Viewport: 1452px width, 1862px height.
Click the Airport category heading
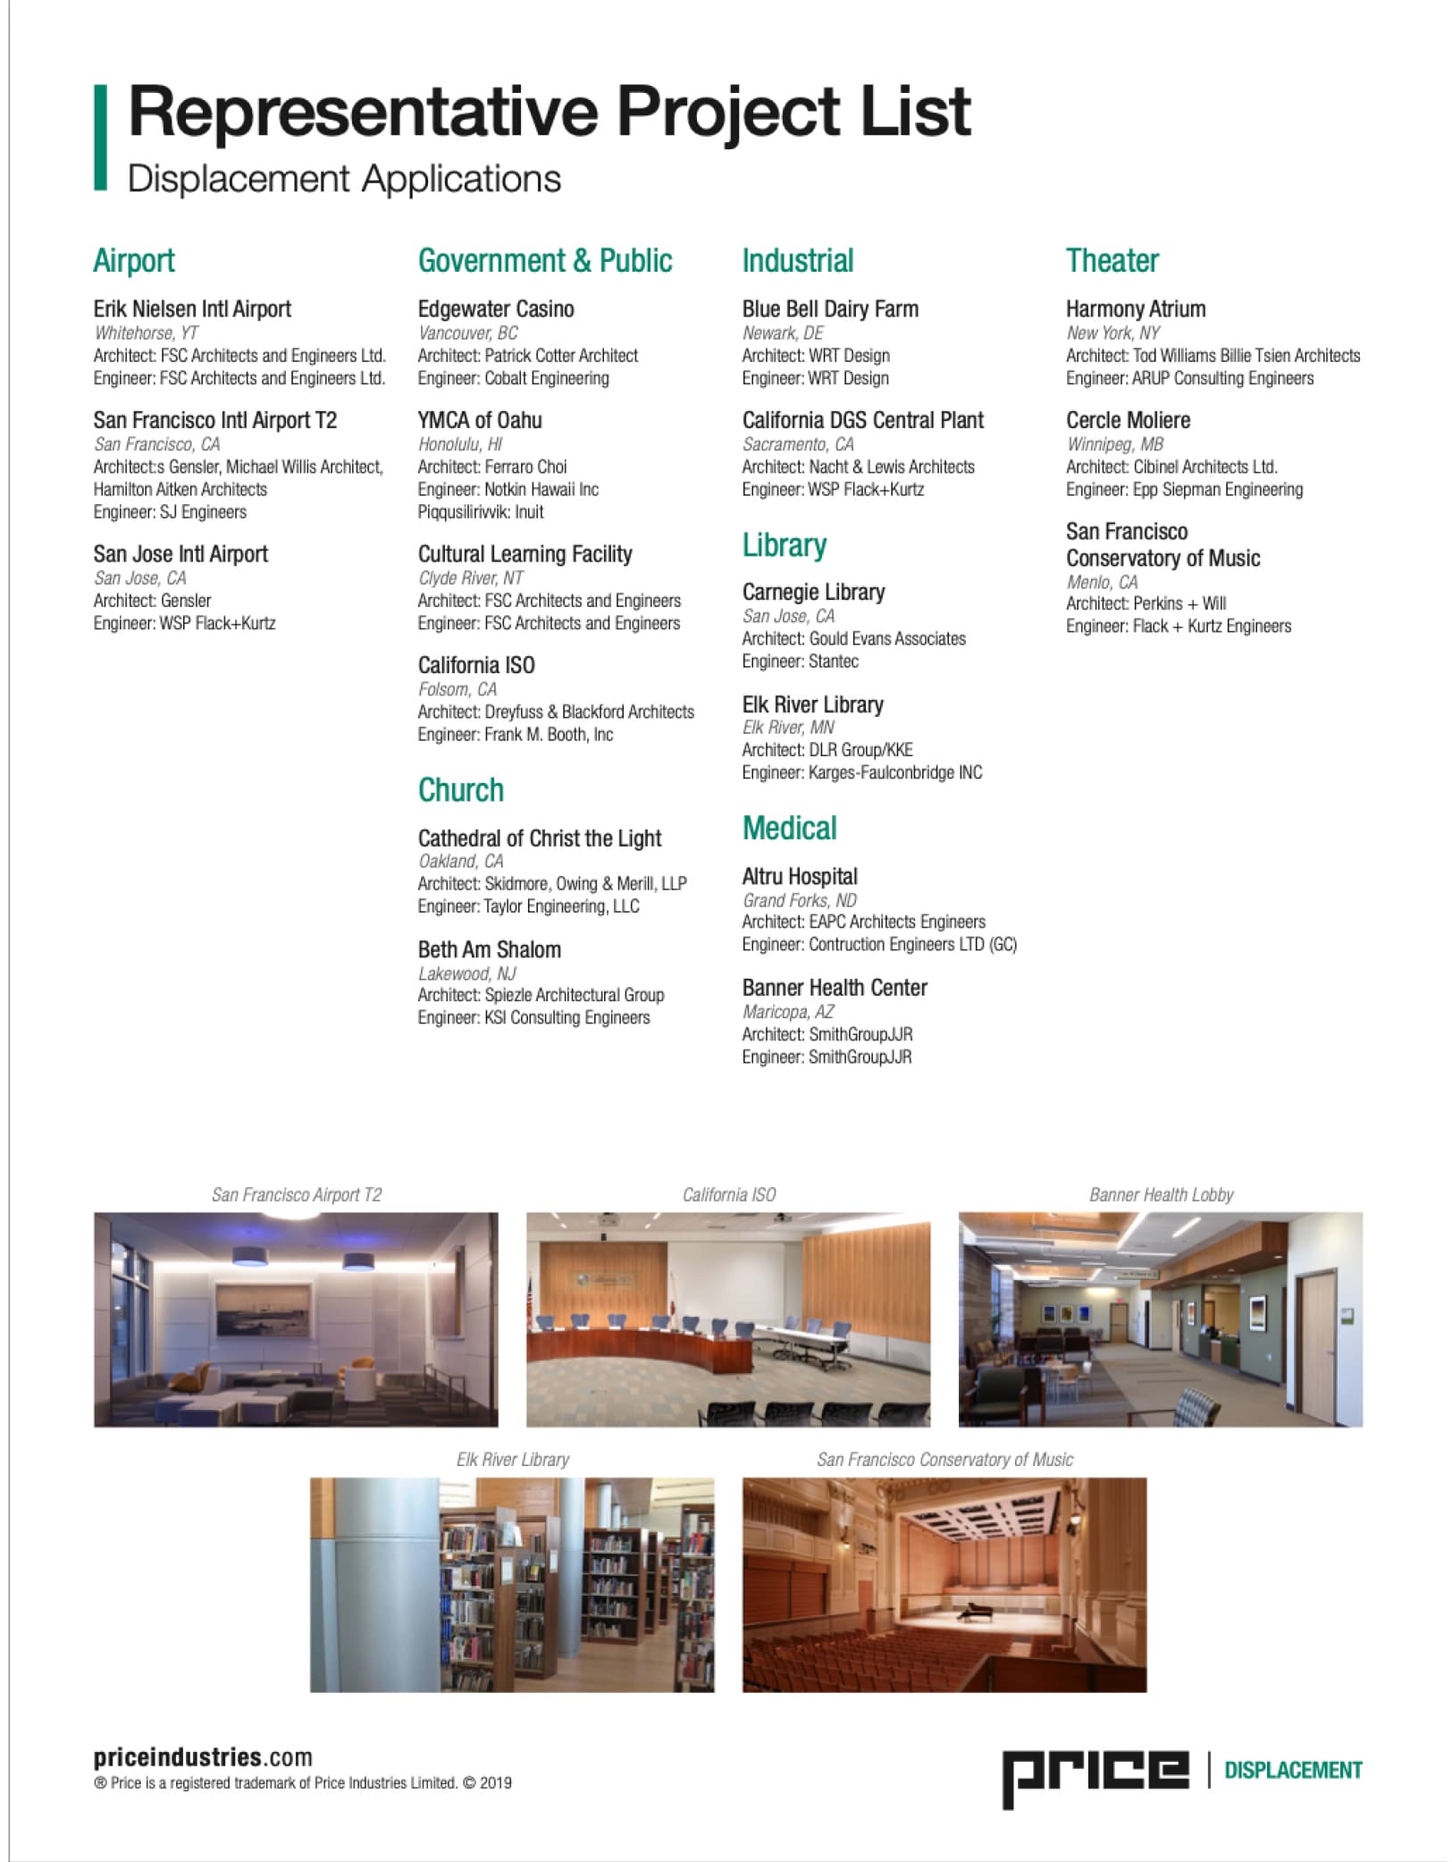click(x=134, y=261)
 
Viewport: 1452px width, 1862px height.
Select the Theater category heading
click(x=1112, y=261)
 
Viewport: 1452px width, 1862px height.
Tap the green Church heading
click(x=460, y=790)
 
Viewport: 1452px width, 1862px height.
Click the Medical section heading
click(x=789, y=829)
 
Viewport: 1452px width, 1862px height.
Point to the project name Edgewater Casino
click(x=496, y=309)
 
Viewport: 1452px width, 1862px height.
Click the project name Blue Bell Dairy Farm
click(x=829, y=309)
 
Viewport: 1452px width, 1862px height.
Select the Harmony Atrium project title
click(x=1135, y=309)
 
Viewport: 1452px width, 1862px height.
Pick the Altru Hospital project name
click(x=799, y=877)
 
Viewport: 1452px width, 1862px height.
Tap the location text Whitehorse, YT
click(x=146, y=333)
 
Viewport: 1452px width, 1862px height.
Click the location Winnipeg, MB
click(x=1114, y=444)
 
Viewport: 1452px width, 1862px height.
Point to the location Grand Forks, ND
click(x=799, y=900)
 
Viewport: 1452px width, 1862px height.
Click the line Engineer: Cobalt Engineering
click(x=513, y=378)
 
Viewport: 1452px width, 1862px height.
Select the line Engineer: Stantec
click(x=800, y=661)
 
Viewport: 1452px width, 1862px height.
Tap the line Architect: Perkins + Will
click(x=1146, y=603)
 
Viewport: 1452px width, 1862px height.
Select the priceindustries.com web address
click(x=203, y=1757)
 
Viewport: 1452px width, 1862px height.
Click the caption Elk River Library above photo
click(x=512, y=1460)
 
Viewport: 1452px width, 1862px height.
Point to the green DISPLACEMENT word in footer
click(x=1292, y=1770)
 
